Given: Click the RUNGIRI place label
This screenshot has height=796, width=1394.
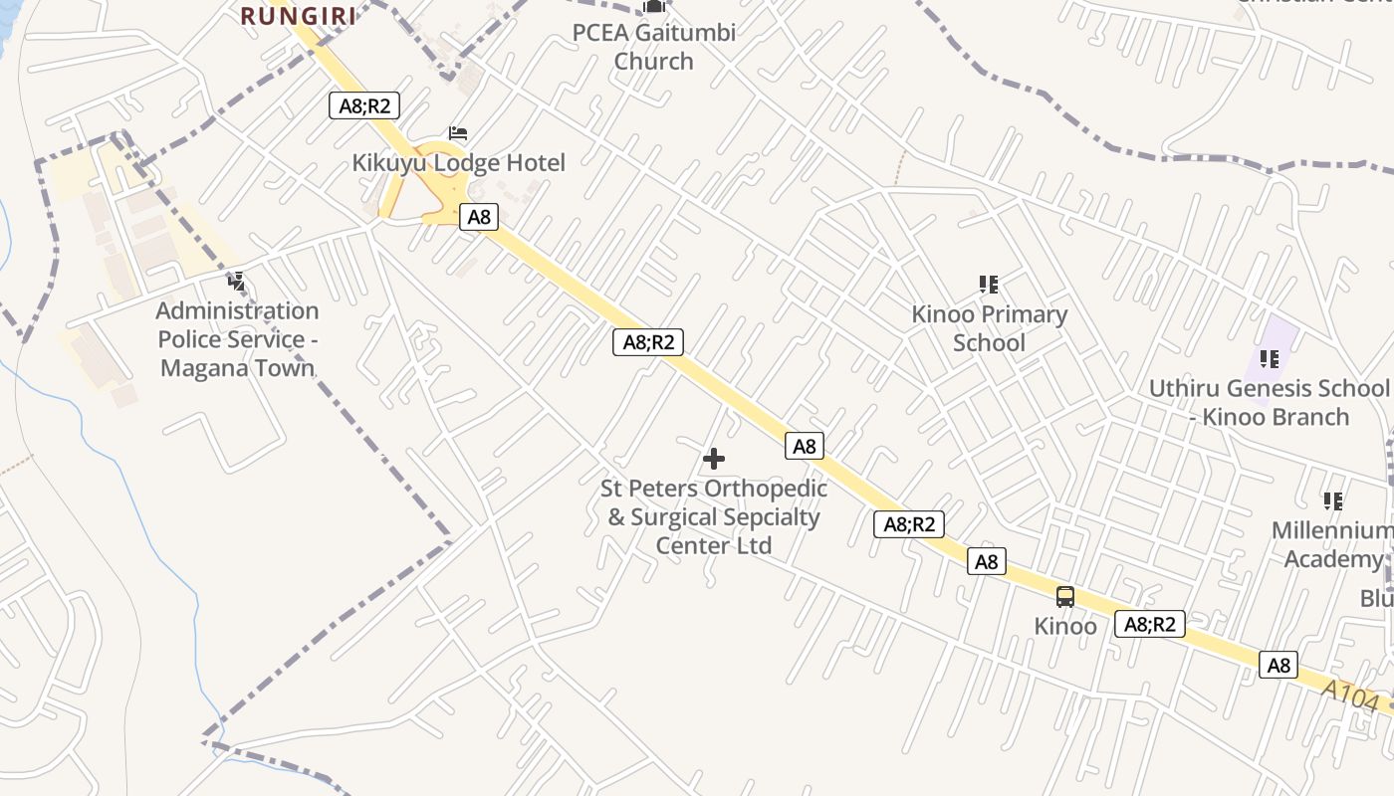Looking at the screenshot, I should (299, 15).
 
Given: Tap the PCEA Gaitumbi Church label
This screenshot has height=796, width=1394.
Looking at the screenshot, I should (653, 46).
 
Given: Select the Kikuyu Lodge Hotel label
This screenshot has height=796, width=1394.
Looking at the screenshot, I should (459, 162).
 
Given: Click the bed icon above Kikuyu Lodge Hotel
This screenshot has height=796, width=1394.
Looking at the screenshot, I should (458, 132).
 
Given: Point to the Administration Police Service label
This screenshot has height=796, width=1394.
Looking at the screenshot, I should (237, 339).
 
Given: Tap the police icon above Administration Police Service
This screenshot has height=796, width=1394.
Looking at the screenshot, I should (236, 282).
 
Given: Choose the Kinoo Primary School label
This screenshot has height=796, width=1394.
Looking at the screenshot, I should (989, 328).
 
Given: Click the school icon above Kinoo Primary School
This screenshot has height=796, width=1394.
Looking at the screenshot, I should (989, 285).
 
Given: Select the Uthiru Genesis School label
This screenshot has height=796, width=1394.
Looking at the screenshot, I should (1269, 402).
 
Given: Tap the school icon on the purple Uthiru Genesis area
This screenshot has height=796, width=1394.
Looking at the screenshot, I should (1270, 358).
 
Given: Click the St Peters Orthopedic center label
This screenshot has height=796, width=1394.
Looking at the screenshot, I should (714, 516).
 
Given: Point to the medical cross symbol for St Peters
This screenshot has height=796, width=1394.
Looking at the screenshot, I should (714, 459).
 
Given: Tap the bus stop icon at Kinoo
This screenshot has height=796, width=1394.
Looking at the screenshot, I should (1065, 597).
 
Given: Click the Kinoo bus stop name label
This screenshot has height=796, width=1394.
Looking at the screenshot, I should (1065, 626).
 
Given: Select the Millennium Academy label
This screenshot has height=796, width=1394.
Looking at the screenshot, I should (1332, 544).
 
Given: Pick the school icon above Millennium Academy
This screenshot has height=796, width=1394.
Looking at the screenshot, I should (1333, 500).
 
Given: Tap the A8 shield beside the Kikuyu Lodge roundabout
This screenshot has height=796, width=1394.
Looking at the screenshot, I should (479, 217).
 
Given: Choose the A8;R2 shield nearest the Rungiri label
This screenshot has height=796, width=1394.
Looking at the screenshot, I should (364, 105).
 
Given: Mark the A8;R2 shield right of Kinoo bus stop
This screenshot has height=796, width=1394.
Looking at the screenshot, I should (1150, 624).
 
